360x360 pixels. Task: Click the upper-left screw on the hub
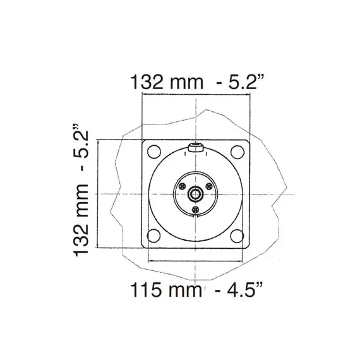point(183,187)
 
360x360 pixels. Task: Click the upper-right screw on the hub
point(208,187)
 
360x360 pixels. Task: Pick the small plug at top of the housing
point(196,149)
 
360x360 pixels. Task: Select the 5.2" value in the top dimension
point(243,83)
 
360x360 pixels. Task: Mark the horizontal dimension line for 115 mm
point(196,260)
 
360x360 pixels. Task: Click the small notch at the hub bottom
point(196,217)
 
